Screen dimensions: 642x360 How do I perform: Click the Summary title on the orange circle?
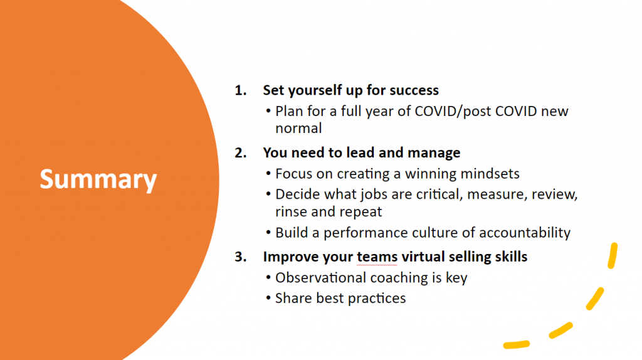pyautogui.click(x=98, y=179)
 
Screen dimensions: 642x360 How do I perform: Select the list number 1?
pyautogui.click(x=240, y=90)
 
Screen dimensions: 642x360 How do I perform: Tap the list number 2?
pyautogui.click(x=240, y=153)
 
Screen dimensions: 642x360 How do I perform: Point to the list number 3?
pyautogui.click(x=240, y=257)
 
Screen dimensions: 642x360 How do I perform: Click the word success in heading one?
pyautogui.click(x=414, y=90)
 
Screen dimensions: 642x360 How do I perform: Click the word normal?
pyautogui.click(x=298, y=129)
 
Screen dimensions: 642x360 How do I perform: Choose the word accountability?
pyautogui.click(x=525, y=233)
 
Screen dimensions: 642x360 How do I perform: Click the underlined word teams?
pyautogui.click(x=377, y=257)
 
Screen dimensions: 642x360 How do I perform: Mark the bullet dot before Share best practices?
pyautogui.click(x=268, y=298)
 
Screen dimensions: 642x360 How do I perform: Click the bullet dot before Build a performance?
pyautogui.click(x=268, y=233)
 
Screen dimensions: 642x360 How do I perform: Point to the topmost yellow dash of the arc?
pyautogui.click(x=613, y=256)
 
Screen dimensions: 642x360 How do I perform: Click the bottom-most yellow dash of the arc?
pyautogui.click(x=517, y=345)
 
